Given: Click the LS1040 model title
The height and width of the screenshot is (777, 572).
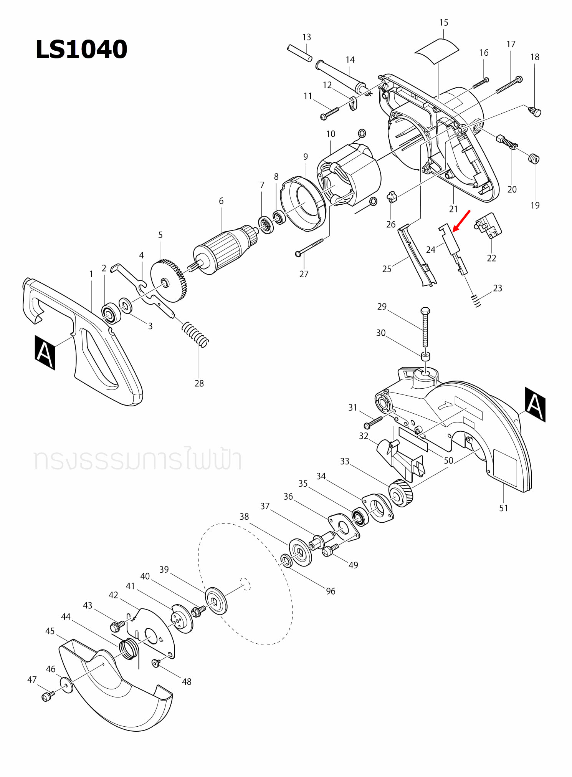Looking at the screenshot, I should point(81,49).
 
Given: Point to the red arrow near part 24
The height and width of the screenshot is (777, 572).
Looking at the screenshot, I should point(461,221).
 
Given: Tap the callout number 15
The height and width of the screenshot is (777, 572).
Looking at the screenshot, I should point(443,23).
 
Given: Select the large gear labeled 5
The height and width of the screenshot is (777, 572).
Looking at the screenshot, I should point(169,280).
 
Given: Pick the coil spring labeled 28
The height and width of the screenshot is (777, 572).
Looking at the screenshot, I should point(195,333).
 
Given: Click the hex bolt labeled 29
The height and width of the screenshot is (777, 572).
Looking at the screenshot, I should point(425,326).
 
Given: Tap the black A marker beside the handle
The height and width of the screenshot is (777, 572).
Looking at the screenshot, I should point(45,353).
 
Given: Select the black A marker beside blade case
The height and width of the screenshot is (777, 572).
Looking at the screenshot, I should point(535,404).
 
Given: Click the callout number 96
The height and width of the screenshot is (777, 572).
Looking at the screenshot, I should point(331,591).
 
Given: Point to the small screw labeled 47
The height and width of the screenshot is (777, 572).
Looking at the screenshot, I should point(47,696).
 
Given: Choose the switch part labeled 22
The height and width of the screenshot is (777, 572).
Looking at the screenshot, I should point(489,226).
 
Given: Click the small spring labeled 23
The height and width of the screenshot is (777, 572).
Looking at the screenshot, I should point(476,300).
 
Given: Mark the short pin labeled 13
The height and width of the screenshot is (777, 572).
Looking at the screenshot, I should point(299,53).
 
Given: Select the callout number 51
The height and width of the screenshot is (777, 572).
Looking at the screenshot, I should point(503,508).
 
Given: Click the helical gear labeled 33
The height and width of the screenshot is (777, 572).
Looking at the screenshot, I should point(401,493).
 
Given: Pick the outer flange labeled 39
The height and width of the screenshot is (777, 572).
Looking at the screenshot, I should point(216,601).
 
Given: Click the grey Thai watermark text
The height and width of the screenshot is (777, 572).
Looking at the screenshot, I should point(137,460).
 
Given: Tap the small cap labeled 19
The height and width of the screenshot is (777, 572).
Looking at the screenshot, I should point(534,158).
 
